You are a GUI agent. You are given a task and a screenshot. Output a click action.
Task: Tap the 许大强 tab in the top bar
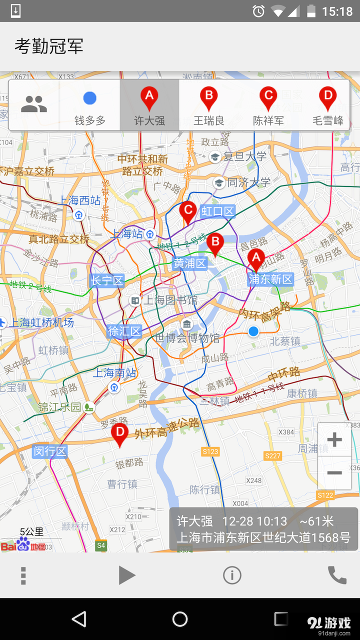click(149, 105)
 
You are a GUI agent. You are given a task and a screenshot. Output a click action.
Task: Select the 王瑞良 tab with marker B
click(208, 105)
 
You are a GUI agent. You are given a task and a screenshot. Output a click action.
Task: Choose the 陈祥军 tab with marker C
click(268, 105)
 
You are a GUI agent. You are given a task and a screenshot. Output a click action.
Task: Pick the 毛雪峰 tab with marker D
click(327, 105)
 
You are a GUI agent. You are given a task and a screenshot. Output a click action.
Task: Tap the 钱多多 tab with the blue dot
click(90, 105)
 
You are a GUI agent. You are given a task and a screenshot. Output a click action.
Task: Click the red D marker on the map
click(119, 434)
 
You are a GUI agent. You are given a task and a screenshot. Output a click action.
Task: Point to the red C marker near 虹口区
click(188, 211)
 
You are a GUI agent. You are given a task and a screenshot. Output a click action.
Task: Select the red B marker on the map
click(215, 244)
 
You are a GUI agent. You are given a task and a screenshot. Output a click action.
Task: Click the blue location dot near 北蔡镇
click(253, 331)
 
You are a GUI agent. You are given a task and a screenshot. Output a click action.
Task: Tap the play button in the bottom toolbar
click(126, 575)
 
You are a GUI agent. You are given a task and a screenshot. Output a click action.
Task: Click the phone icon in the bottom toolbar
click(336, 575)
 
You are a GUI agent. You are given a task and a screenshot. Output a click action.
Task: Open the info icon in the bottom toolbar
click(232, 575)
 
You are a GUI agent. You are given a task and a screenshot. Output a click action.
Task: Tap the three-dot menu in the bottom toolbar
click(23, 575)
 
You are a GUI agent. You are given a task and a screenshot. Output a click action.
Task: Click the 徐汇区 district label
click(124, 331)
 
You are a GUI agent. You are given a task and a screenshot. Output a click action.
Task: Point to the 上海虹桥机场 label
click(42, 323)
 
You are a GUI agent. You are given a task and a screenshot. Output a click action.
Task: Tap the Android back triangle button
click(79, 619)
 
